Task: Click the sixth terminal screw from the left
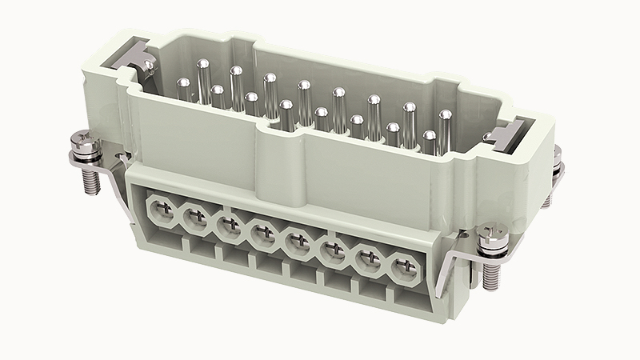click(330, 250)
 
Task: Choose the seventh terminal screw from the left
click(367, 258)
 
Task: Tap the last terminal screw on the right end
click(403, 266)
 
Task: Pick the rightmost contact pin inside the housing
click(445, 124)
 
